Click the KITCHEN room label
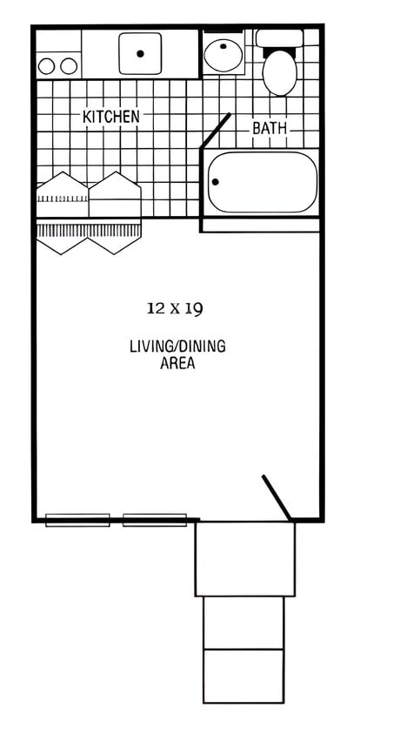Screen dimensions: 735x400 110,116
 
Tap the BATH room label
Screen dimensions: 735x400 270,129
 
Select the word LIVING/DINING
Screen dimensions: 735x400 177,346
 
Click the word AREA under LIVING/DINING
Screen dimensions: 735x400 177,363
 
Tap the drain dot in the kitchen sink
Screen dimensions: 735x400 140,53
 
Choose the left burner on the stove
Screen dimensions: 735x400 48,65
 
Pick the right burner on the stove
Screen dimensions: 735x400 69,65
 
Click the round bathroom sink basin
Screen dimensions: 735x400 224,55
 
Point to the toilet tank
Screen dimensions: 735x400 279,38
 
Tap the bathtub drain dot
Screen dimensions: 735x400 216,182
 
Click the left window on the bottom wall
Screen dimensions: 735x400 77,520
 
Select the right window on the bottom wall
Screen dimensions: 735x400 155,520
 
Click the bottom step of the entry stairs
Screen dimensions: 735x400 243,676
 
